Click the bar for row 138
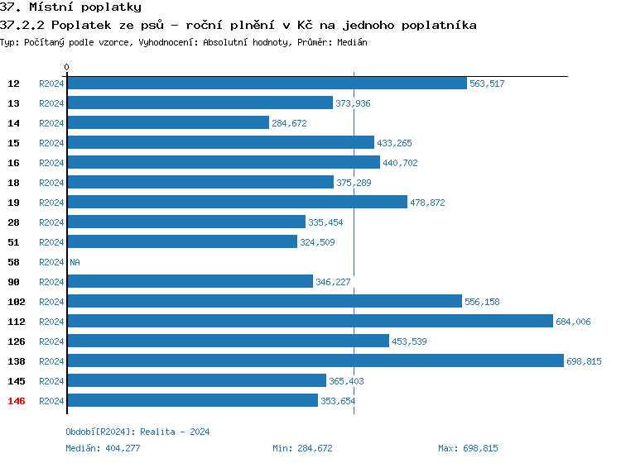coord(315,360)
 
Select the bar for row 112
coord(310,321)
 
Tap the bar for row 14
coord(168,123)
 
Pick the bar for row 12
coord(267,84)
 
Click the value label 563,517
coord(487,84)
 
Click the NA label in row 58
coord(75,262)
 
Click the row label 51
coord(14,242)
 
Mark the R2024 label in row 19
coord(51,203)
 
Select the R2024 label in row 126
coord(51,341)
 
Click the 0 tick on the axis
coord(67,67)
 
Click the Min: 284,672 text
coord(302,448)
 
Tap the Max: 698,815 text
coord(468,448)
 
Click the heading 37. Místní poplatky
coord(65,7)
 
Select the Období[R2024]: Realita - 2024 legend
coord(137,432)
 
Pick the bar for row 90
coord(190,282)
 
